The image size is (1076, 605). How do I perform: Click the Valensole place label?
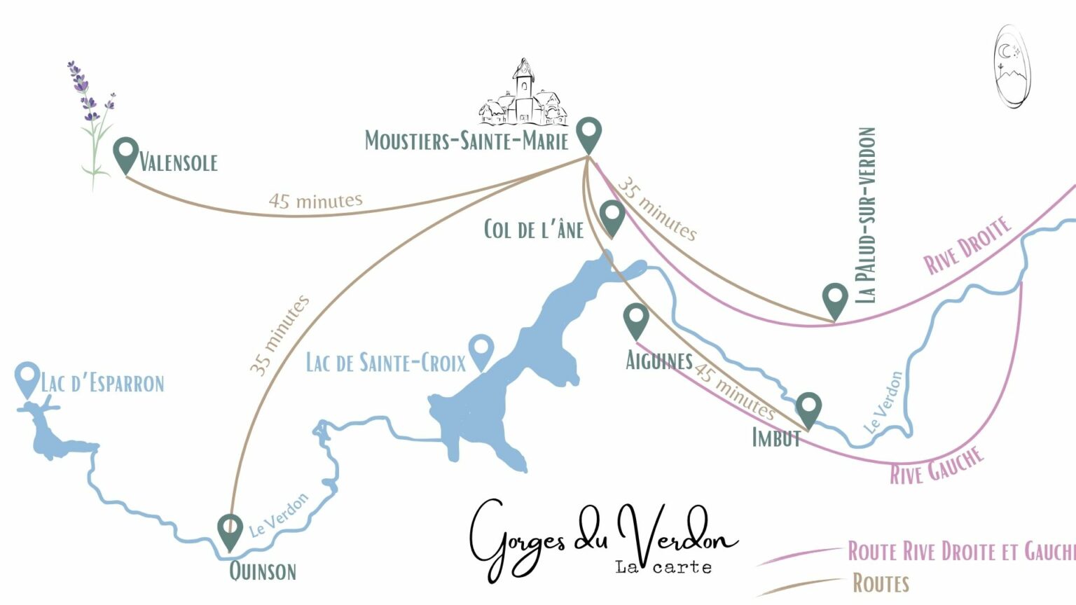(179, 162)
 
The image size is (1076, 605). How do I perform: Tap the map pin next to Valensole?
(126, 153)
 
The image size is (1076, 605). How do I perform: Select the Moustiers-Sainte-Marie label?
(466, 141)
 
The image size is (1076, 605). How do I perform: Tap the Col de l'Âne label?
(533, 229)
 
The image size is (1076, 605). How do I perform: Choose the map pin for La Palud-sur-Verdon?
(835, 299)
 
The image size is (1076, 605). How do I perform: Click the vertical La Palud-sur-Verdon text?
(867, 215)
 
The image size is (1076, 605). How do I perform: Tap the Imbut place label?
(776, 438)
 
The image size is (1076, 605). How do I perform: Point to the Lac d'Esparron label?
(102, 383)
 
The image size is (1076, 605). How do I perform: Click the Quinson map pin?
(230, 531)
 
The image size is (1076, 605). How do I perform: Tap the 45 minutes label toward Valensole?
(315, 201)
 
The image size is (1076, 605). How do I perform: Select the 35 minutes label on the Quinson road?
(279, 335)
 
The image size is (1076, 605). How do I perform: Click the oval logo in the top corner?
(1012, 67)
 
